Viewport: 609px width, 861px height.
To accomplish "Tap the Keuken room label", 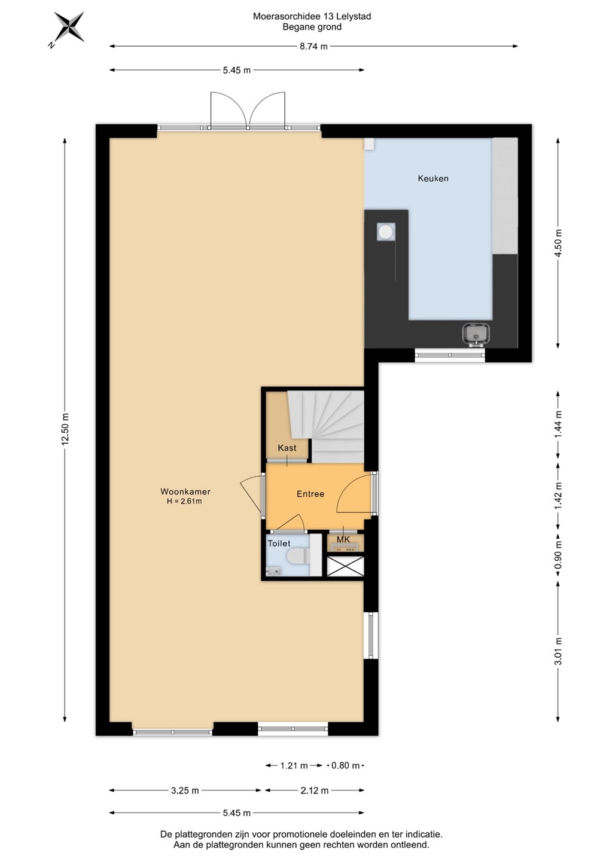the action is click(x=433, y=178).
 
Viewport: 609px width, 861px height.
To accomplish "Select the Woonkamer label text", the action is click(x=185, y=491).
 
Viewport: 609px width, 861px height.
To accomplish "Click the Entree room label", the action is click(x=310, y=494).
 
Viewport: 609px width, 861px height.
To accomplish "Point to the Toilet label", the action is click(x=279, y=544).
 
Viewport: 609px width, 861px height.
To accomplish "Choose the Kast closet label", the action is click(x=287, y=448).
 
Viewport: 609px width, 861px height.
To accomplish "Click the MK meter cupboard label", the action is click(x=343, y=539).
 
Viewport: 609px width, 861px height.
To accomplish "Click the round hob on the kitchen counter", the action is click(x=386, y=232).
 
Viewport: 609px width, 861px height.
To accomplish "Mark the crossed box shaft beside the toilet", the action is click(x=345, y=566).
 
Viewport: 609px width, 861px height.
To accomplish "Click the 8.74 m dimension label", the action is click(x=313, y=47).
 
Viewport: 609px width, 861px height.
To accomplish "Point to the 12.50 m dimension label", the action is click(x=65, y=429).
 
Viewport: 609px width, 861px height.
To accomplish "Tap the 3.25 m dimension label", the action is click(x=185, y=790).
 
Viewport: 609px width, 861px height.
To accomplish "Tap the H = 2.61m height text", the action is click(x=184, y=501).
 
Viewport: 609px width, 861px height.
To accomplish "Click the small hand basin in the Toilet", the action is click(x=274, y=571).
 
